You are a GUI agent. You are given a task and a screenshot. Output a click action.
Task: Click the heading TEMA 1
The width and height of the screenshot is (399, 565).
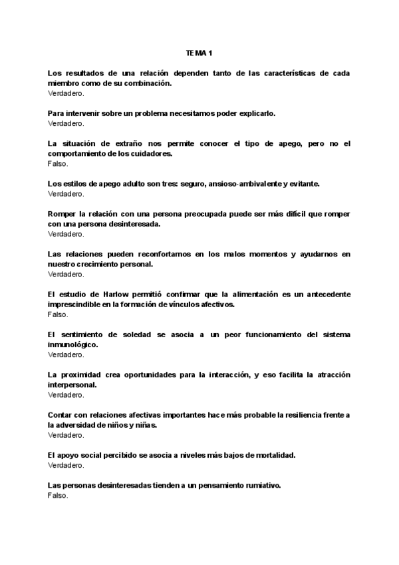(199, 52)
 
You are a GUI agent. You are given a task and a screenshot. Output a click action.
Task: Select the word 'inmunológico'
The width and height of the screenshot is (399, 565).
(73, 344)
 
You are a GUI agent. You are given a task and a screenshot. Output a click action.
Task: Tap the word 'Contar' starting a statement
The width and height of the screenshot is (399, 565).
(60, 414)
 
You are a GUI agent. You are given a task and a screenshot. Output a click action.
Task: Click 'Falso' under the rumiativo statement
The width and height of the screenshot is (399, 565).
(58, 495)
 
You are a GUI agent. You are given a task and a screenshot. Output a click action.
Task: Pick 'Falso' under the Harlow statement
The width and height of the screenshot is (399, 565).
(58, 314)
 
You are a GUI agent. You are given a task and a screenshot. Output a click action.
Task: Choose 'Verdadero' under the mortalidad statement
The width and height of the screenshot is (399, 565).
(66, 465)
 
